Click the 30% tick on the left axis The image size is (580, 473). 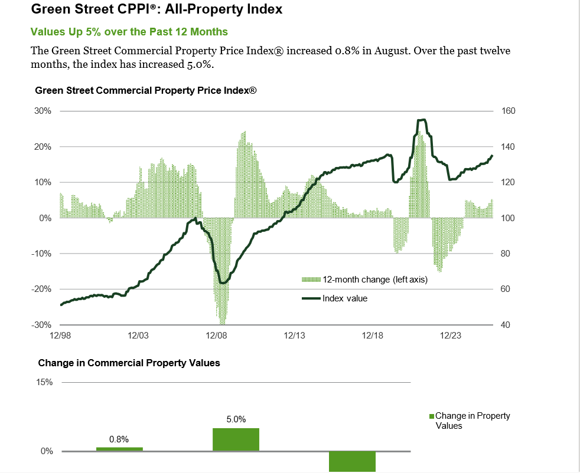tap(43, 111)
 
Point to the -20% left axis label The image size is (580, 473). tap(41, 289)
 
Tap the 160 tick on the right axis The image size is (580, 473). tap(508, 111)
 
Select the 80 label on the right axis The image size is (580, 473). tap(505, 254)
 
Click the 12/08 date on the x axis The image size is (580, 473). tap(216, 335)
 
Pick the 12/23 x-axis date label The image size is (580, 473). tap(451, 335)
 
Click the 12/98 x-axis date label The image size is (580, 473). tap(60, 335)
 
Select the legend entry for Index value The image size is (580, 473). tap(335, 298)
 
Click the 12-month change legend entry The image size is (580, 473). tap(365, 280)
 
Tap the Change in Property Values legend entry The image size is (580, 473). tap(470, 421)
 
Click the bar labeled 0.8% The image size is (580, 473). tap(119, 449)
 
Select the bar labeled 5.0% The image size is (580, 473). tap(236, 439)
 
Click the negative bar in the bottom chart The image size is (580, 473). tap(352, 461)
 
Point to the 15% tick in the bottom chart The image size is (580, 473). tap(44, 382)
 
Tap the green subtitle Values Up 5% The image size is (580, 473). tap(129, 32)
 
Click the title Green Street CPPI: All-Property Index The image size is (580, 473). tap(157, 9)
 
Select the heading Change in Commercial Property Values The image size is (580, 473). tap(129, 363)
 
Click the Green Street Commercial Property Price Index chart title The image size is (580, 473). tap(146, 90)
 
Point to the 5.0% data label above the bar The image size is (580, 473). tap(236, 419)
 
